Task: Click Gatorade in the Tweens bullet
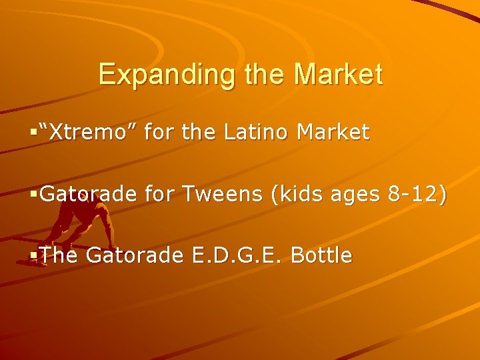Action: tap(88, 194)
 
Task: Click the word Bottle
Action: tap(322, 255)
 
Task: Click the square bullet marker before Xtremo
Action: tap(35, 133)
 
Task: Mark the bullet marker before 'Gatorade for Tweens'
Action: tap(35, 194)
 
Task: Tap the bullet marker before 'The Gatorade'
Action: tap(35, 255)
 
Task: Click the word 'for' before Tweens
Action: tap(158, 194)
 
